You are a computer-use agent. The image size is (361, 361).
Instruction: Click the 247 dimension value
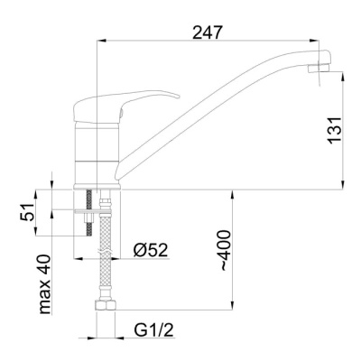tap(208, 32)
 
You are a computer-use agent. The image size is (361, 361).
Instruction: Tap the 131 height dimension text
tap(335, 129)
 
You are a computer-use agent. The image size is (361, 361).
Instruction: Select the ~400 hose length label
tap(226, 250)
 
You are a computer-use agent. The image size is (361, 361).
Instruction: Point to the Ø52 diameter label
tap(151, 250)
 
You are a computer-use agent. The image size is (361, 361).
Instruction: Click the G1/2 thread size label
tap(154, 330)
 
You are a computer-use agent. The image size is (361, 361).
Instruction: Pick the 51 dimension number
tap(28, 212)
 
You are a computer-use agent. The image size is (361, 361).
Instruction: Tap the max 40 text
tap(45, 284)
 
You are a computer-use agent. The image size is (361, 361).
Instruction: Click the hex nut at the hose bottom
tap(106, 306)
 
